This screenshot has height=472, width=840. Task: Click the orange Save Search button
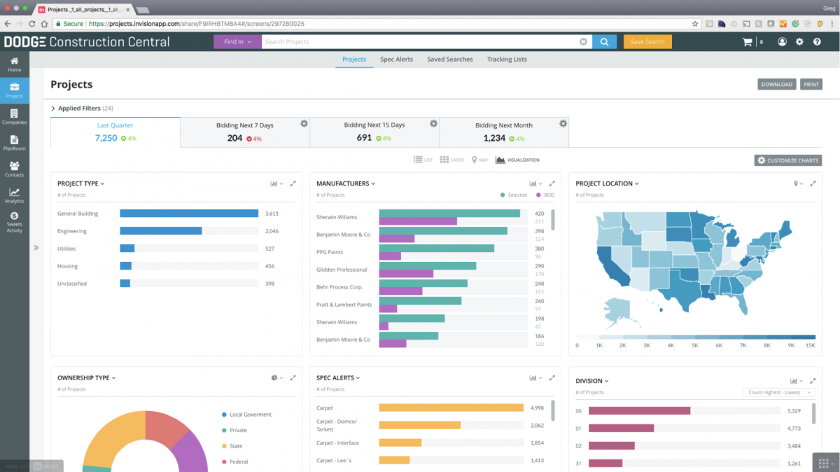click(x=647, y=42)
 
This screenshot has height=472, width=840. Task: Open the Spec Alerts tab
click(x=396, y=60)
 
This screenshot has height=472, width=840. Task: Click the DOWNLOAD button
click(x=776, y=85)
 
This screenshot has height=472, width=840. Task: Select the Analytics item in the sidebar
click(x=14, y=195)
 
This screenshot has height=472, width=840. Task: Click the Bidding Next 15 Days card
click(x=374, y=132)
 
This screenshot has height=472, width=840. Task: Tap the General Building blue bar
click(x=189, y=214)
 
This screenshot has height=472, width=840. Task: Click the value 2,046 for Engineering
click(x=272, y=231)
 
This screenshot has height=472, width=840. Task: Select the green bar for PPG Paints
click(x=436, y=248)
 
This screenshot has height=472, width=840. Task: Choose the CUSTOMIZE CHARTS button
click(x=787, y=160)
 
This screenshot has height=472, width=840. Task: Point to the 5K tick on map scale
click(x=694, y=345)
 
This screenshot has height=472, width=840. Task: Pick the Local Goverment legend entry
click(x=250, y=415)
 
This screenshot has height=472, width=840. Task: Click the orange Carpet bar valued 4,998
click(x=451, y=408)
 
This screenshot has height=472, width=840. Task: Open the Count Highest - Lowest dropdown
click(x=778, y=392)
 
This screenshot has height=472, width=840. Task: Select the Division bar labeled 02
click(x=611, y=445)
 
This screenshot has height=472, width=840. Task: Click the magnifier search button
click(x=604, y=42)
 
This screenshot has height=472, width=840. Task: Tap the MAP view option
click(x=479, y=160)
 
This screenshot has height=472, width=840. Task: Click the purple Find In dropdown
click(x=237, y=42)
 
